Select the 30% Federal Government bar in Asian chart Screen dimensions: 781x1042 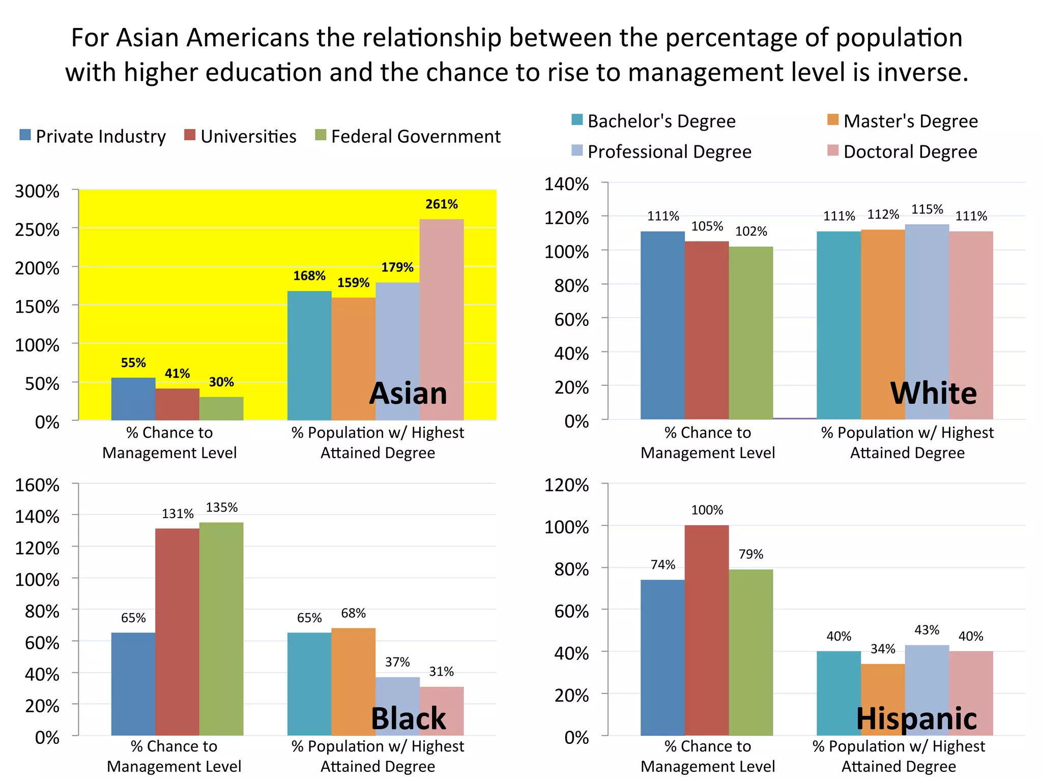tap(221, 408)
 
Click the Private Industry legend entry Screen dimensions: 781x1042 tap(93, 136)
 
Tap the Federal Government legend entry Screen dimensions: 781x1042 tap(408, 136)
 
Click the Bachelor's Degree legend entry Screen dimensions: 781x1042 tap(653, 121)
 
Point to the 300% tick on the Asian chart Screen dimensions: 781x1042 tap(37, 192)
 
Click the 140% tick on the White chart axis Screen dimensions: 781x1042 tap(566, 184)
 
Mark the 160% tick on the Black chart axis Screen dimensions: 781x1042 tap(37, 485)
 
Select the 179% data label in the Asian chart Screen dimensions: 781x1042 tap(397, 267)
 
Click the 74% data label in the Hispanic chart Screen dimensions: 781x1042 tap(662, 565)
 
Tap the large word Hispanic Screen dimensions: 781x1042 tap(916, 718)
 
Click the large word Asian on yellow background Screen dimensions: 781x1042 tap(408, 394)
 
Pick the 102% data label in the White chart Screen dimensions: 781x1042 tap(750, 232)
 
